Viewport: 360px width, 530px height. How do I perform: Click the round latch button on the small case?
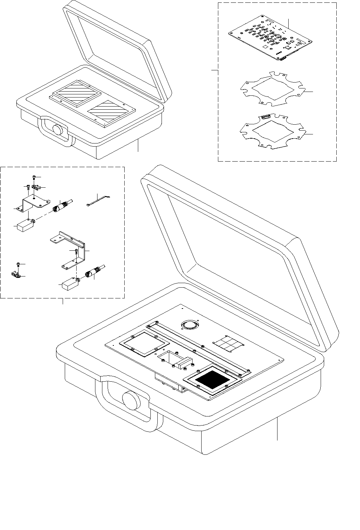[x=57, y=129]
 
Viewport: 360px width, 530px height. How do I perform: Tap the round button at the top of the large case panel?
[x=189, y=325]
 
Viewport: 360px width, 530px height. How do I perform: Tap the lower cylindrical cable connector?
[x=93, y=272]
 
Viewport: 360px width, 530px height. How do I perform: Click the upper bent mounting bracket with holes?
[x=33, y=204]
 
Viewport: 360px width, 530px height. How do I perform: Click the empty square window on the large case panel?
[x=142, y=343]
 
